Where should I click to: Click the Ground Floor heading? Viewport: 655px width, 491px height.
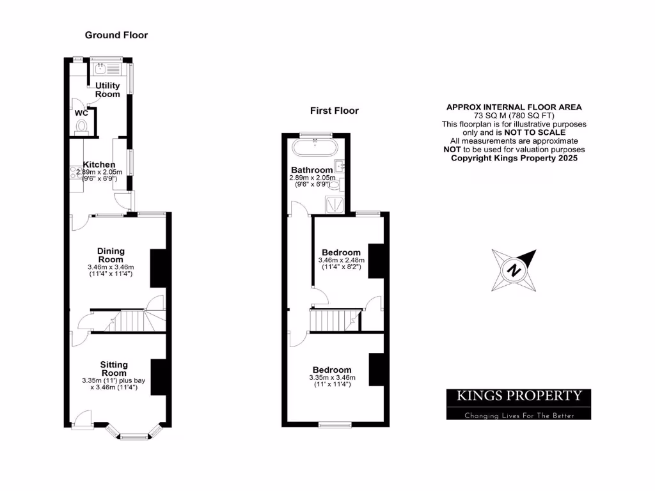116,35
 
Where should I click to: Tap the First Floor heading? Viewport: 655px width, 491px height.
335,111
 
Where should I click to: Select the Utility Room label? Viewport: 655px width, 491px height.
107,90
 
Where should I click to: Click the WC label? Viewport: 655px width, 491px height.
81,113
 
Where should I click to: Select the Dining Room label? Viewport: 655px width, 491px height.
111,255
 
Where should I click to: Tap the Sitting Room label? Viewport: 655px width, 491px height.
114,368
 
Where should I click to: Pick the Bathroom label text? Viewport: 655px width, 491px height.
312,169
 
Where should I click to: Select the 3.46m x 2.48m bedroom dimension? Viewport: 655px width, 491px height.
341,264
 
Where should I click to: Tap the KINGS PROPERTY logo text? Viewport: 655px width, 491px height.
518,396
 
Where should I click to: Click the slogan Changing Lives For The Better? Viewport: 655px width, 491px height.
518,416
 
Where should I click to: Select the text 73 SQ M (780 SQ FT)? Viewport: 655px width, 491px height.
514,115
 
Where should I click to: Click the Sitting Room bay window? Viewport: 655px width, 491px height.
133,437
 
